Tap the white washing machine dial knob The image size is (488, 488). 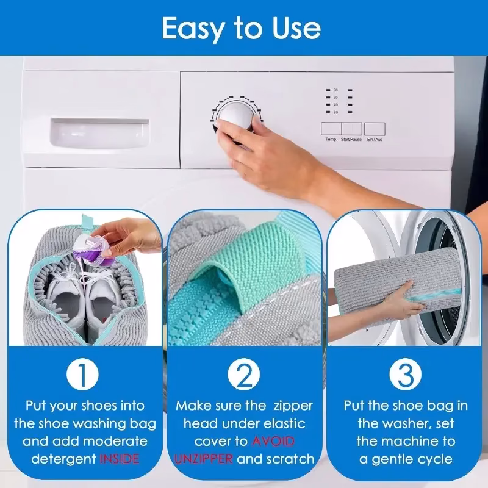click(232, 116)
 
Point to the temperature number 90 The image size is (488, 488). click(335, 90)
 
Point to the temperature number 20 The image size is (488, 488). click(335, 112)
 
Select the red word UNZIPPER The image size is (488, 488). click(203, 459)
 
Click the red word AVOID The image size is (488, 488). click(273, 441)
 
